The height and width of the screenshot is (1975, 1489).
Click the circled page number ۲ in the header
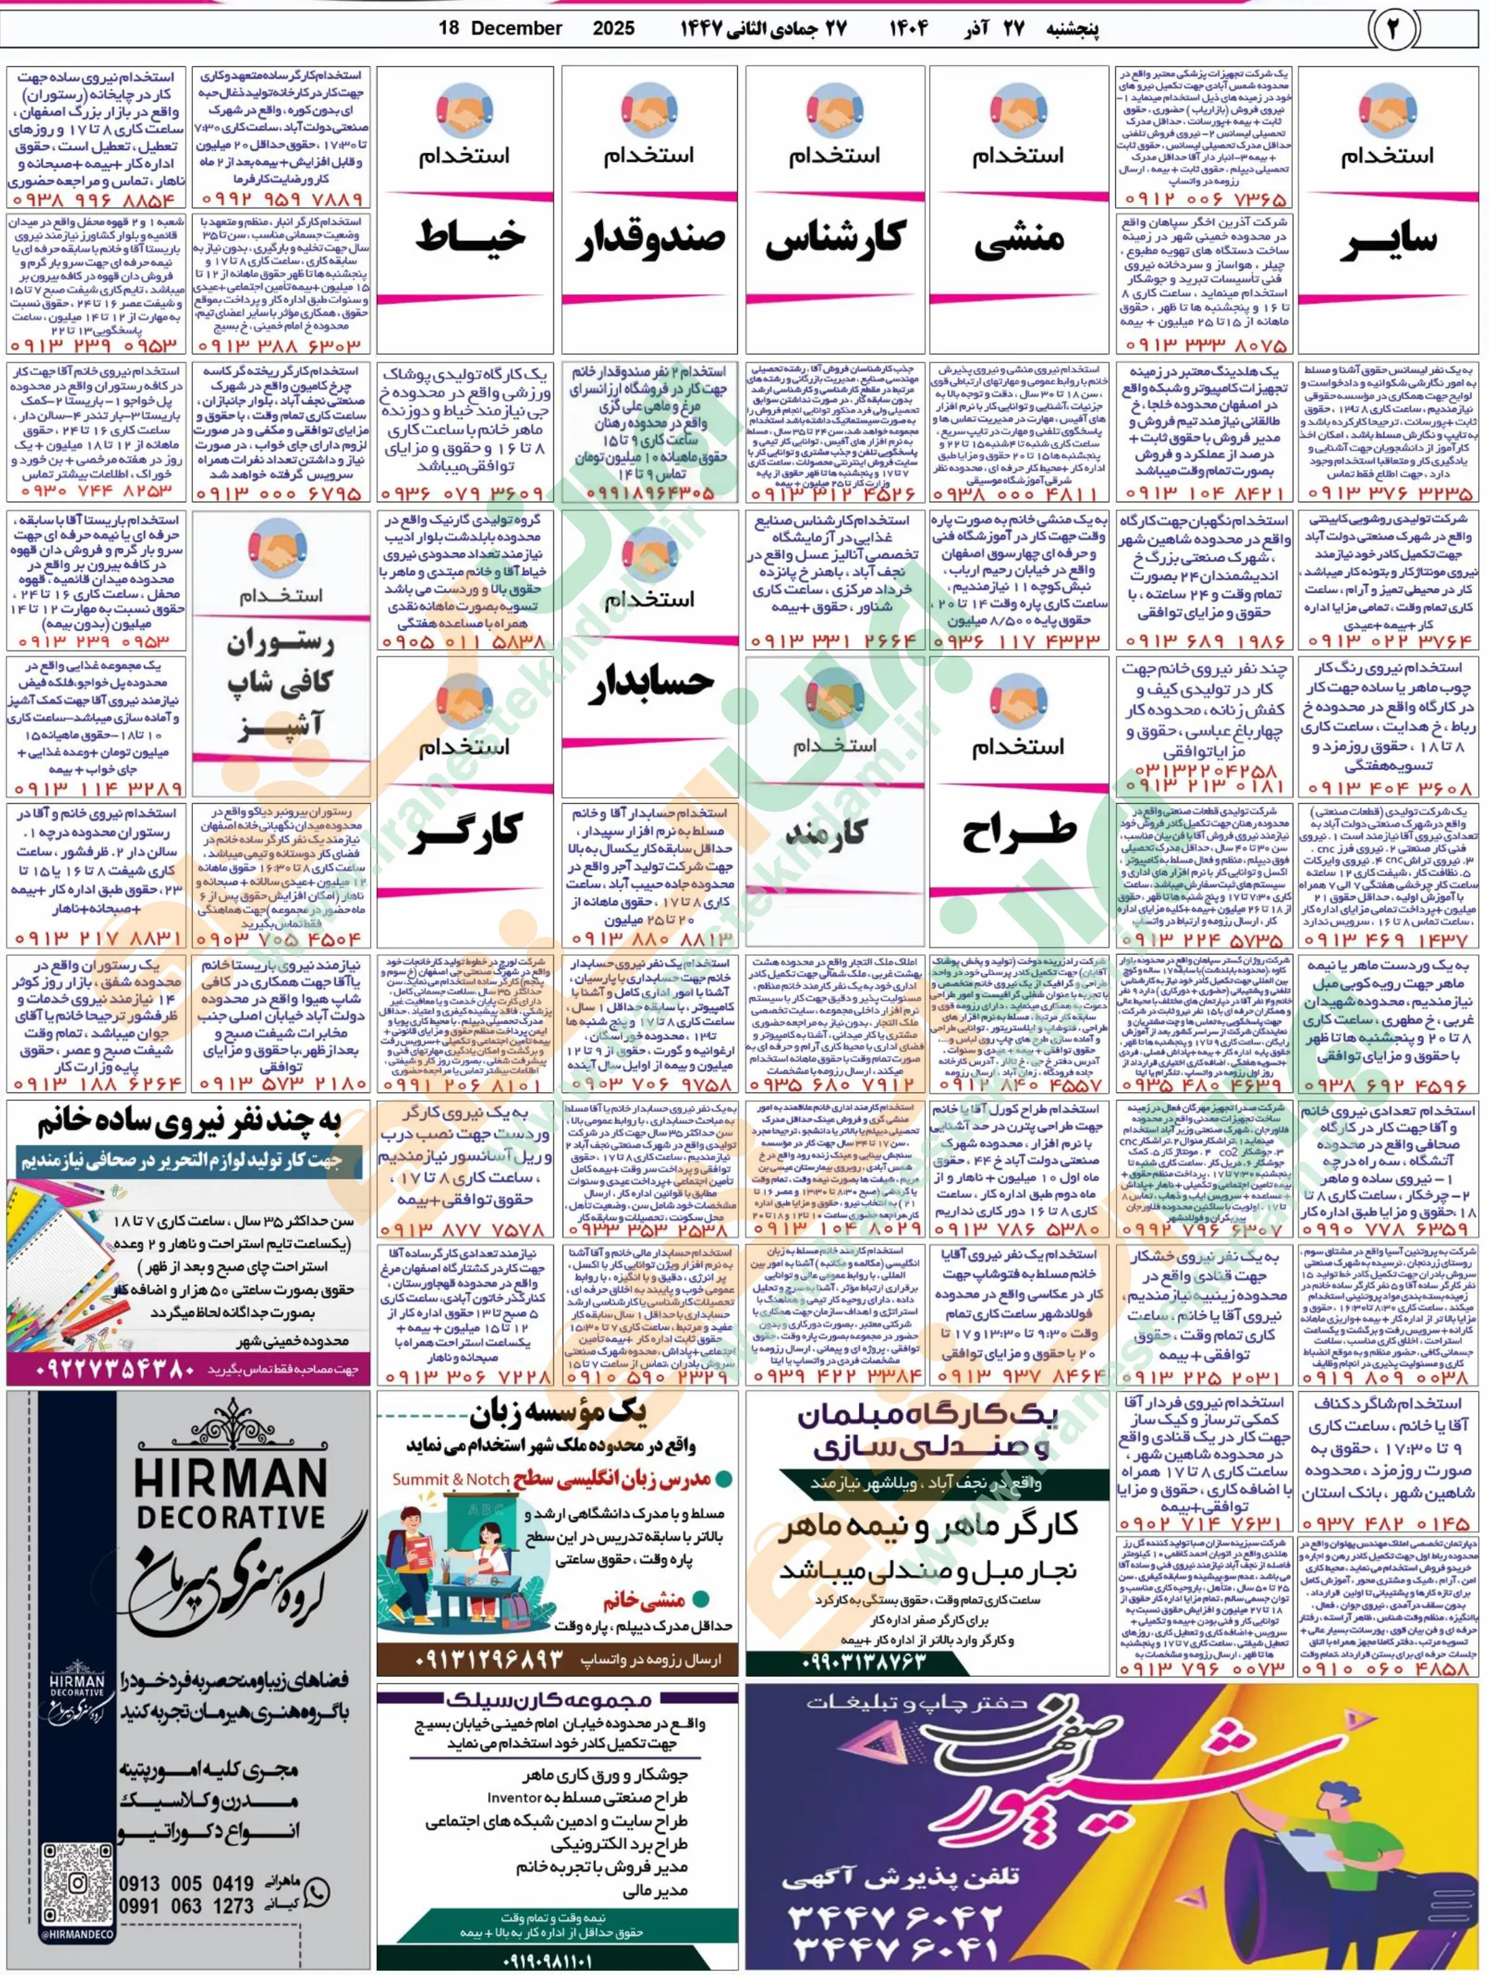(x=1390, y=29)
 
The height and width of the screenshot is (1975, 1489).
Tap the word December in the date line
(x=516, y=29)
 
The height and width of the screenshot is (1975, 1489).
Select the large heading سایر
(x=1388, y=241)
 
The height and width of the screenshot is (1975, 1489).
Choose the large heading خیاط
(x=465, y=236)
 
